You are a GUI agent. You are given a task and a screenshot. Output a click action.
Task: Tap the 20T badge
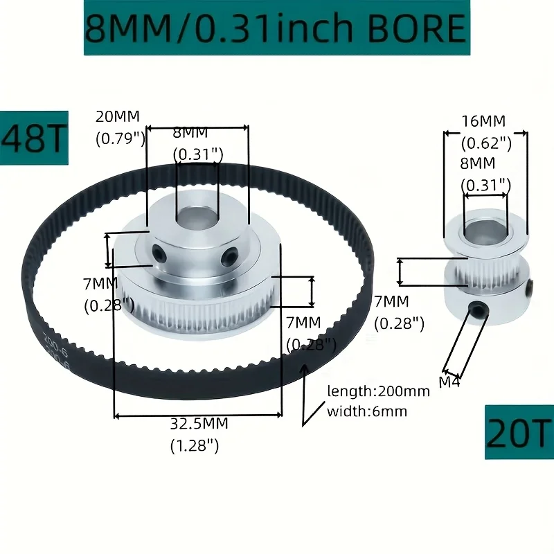click(x=519, y=432)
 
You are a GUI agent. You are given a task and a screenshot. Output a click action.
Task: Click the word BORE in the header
click(x=417, y=28)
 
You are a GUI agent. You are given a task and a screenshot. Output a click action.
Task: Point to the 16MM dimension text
click(x=484, y=121)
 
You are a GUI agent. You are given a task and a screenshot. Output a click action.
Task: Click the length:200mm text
click(x=378, y=391)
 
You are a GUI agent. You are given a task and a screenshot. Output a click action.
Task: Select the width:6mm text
click(x=367, y=411)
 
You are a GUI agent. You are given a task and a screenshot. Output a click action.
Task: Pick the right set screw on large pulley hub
click(x=228, y=259)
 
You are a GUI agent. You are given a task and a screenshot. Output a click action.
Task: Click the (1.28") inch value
click(x=195, y=446)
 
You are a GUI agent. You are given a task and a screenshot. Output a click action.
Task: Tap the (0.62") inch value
click(x=486, y=143)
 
